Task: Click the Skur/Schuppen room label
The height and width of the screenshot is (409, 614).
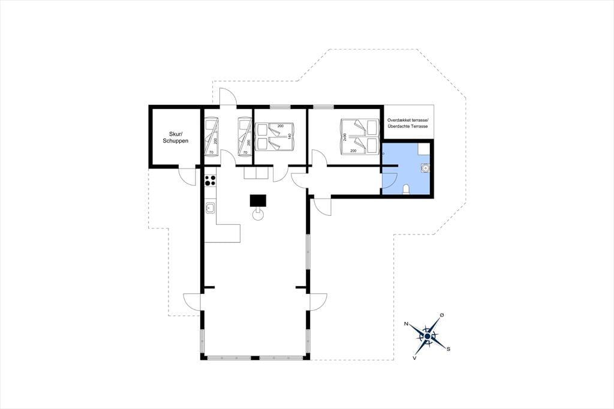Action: (x=176, y=137)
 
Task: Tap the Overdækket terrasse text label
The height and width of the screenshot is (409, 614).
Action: (x=408, y=120)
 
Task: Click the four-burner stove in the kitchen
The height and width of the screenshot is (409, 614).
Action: (x=210, y=181)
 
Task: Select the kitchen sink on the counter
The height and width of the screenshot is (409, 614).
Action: (x=210, y=207)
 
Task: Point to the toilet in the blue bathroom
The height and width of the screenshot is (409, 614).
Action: (x=407, y=190)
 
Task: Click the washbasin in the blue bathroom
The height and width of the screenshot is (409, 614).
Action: (x=425, y=167)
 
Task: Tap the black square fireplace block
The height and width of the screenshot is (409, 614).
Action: (x=258, y=200)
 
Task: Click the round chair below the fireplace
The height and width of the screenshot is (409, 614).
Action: (x=258, y=215)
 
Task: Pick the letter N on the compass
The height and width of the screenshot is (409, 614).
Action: (x=407, y=324)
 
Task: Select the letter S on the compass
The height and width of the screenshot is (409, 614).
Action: (x=449, y=348)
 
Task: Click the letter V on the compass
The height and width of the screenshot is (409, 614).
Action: (x=414, y=357)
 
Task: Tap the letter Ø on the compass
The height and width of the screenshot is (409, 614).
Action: (x=442, y=315)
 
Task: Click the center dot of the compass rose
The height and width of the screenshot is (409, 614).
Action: (x=428, y=336)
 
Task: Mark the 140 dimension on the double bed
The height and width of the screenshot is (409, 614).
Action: (x=290, y=136)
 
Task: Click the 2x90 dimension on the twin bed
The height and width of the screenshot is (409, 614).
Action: (x=345, y=137)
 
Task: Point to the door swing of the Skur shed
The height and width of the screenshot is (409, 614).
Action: (x=187, y=177)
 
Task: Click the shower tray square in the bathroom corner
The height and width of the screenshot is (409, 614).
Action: (x=423, y=149)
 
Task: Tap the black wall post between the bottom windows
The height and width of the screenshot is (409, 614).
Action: (x=255, y=357)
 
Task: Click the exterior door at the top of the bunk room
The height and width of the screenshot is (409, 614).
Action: (x=228, y=97)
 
